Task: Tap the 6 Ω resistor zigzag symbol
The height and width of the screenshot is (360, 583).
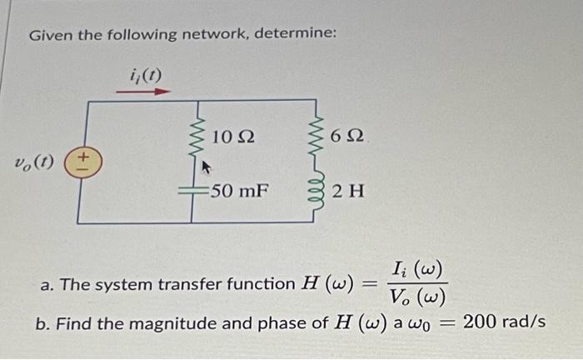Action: pyautogui.click(x=315, y=136)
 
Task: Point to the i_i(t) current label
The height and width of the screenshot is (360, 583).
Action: pyautogui.click(x=146, y=75)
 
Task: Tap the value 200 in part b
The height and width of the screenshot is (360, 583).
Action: pyautogui.click(x=477, y=321)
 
